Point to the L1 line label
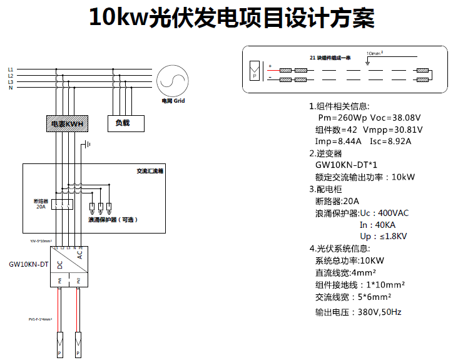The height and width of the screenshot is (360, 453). pyautogui.click(x=10, y=69)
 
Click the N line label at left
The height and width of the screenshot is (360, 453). pyautogui.click(x=10, y=88)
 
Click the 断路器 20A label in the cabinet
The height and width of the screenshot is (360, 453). pyautogui.click(x=41, y=203)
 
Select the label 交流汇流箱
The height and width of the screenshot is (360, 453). pyautogui.click(x=150, y=171)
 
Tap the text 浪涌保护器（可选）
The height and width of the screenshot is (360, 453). pyautogui.click(x=113, y=220)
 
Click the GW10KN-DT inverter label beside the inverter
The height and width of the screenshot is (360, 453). pyautogui.click(x=29, y=265)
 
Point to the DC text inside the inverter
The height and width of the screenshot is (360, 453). pyautogui.click(x=60, y=265)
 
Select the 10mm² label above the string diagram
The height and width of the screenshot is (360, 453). pyautogui.click(x=374, y=54)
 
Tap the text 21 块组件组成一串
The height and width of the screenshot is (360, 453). pyautogui.click(x=330, y=58)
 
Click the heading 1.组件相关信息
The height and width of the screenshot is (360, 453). pyautogui.click(x=339, y=106)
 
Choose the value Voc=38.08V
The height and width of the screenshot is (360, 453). pyautogui.click(x=395, y=118)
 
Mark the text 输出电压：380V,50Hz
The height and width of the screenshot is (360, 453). pyautogui.click(x=358, y=312)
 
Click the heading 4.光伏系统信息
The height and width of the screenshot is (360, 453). pyautogui.click(x=339, y=249)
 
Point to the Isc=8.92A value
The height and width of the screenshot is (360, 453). pyautogui.click(x=390, y=141)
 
